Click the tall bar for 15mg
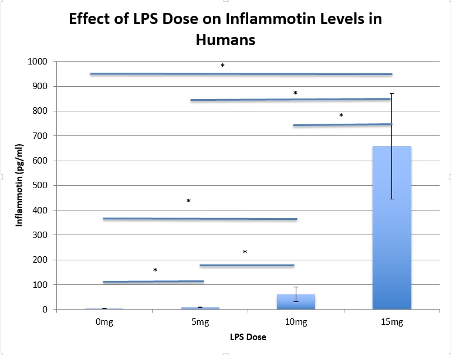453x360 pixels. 391,235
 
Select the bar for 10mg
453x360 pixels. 296,301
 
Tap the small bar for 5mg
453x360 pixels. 200,308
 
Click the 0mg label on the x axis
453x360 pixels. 104,322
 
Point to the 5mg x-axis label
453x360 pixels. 200,322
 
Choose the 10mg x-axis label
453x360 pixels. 296,322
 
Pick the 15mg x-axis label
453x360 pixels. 391,322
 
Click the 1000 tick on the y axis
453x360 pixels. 39,62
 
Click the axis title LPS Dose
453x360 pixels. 247,338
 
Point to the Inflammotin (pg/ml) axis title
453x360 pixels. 19,185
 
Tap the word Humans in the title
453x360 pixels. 226,40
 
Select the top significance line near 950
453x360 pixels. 241,74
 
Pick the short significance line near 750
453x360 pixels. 342,125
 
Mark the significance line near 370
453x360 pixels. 200,219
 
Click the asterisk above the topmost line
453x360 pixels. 222,66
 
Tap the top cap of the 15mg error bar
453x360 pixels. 391,94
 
